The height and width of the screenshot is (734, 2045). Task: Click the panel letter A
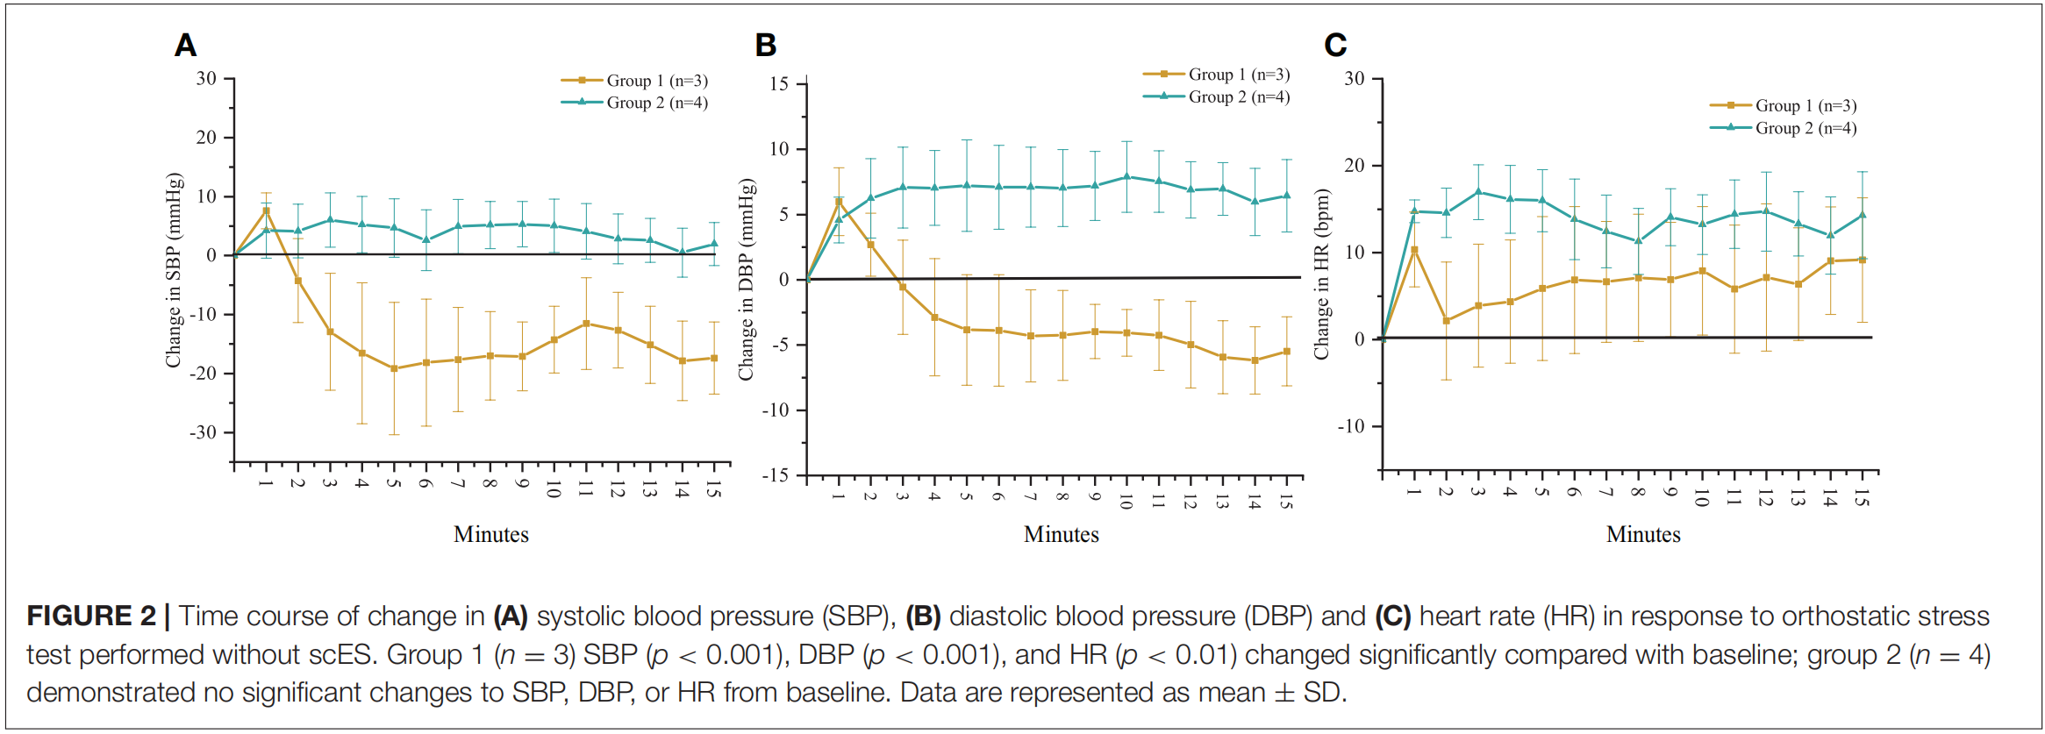tap(185, 46)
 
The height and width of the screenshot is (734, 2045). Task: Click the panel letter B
tap(765, 46)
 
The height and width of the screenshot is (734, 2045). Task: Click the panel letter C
tap(1334, 46)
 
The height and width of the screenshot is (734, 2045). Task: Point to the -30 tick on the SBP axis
tap(204, 432)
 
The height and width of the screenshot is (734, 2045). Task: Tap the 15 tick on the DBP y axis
tap(779, 84)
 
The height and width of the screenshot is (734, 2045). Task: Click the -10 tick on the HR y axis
tap(1351, 427)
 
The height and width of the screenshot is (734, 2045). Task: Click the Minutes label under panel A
tap(490, 534)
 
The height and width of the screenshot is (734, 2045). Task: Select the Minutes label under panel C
tap(1642, 534)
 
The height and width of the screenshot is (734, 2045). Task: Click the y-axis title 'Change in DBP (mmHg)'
tap(746, 280)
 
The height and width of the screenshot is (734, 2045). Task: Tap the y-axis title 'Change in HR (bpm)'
tap(1321, 274)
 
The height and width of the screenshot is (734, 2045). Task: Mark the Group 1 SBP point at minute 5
tap(394, 368)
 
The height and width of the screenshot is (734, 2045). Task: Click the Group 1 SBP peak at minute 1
tap(266, 210)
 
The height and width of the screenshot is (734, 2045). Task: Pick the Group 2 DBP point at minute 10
tap(1126, 176)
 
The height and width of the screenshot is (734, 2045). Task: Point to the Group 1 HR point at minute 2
tap(1446, 321)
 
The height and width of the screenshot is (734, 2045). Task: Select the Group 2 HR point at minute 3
tap(1478, 192)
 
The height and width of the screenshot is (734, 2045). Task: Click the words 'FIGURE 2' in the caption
tap(90, 616)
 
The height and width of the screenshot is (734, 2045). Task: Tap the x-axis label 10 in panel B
tap(1126, 502)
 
